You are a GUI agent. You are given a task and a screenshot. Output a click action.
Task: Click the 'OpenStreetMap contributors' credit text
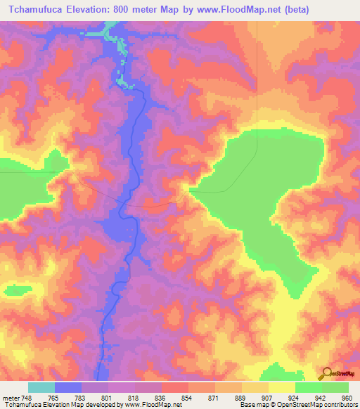315,404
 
